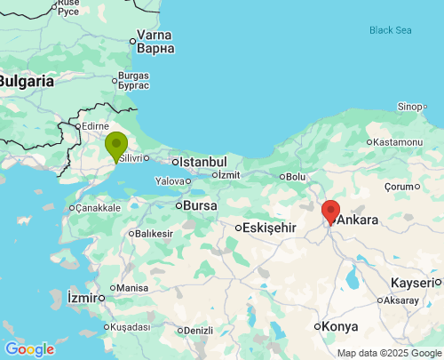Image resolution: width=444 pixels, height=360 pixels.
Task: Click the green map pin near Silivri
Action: [116, 145]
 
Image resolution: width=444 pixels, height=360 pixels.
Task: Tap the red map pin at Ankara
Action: [330, 212]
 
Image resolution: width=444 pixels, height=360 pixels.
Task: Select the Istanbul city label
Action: [203, 162]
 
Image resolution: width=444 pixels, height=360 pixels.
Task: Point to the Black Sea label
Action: [391, 30]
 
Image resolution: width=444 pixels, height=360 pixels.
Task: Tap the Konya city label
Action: [339, 326]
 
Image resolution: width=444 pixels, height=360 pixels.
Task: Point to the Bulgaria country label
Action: [26, 81]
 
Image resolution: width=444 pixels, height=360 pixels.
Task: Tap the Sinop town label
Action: [410, 107]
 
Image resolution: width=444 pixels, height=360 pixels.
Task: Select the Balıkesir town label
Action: [154, 234]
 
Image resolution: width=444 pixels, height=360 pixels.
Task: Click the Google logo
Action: [29, 349]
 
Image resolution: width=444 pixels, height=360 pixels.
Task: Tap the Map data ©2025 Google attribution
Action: [388, 353]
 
